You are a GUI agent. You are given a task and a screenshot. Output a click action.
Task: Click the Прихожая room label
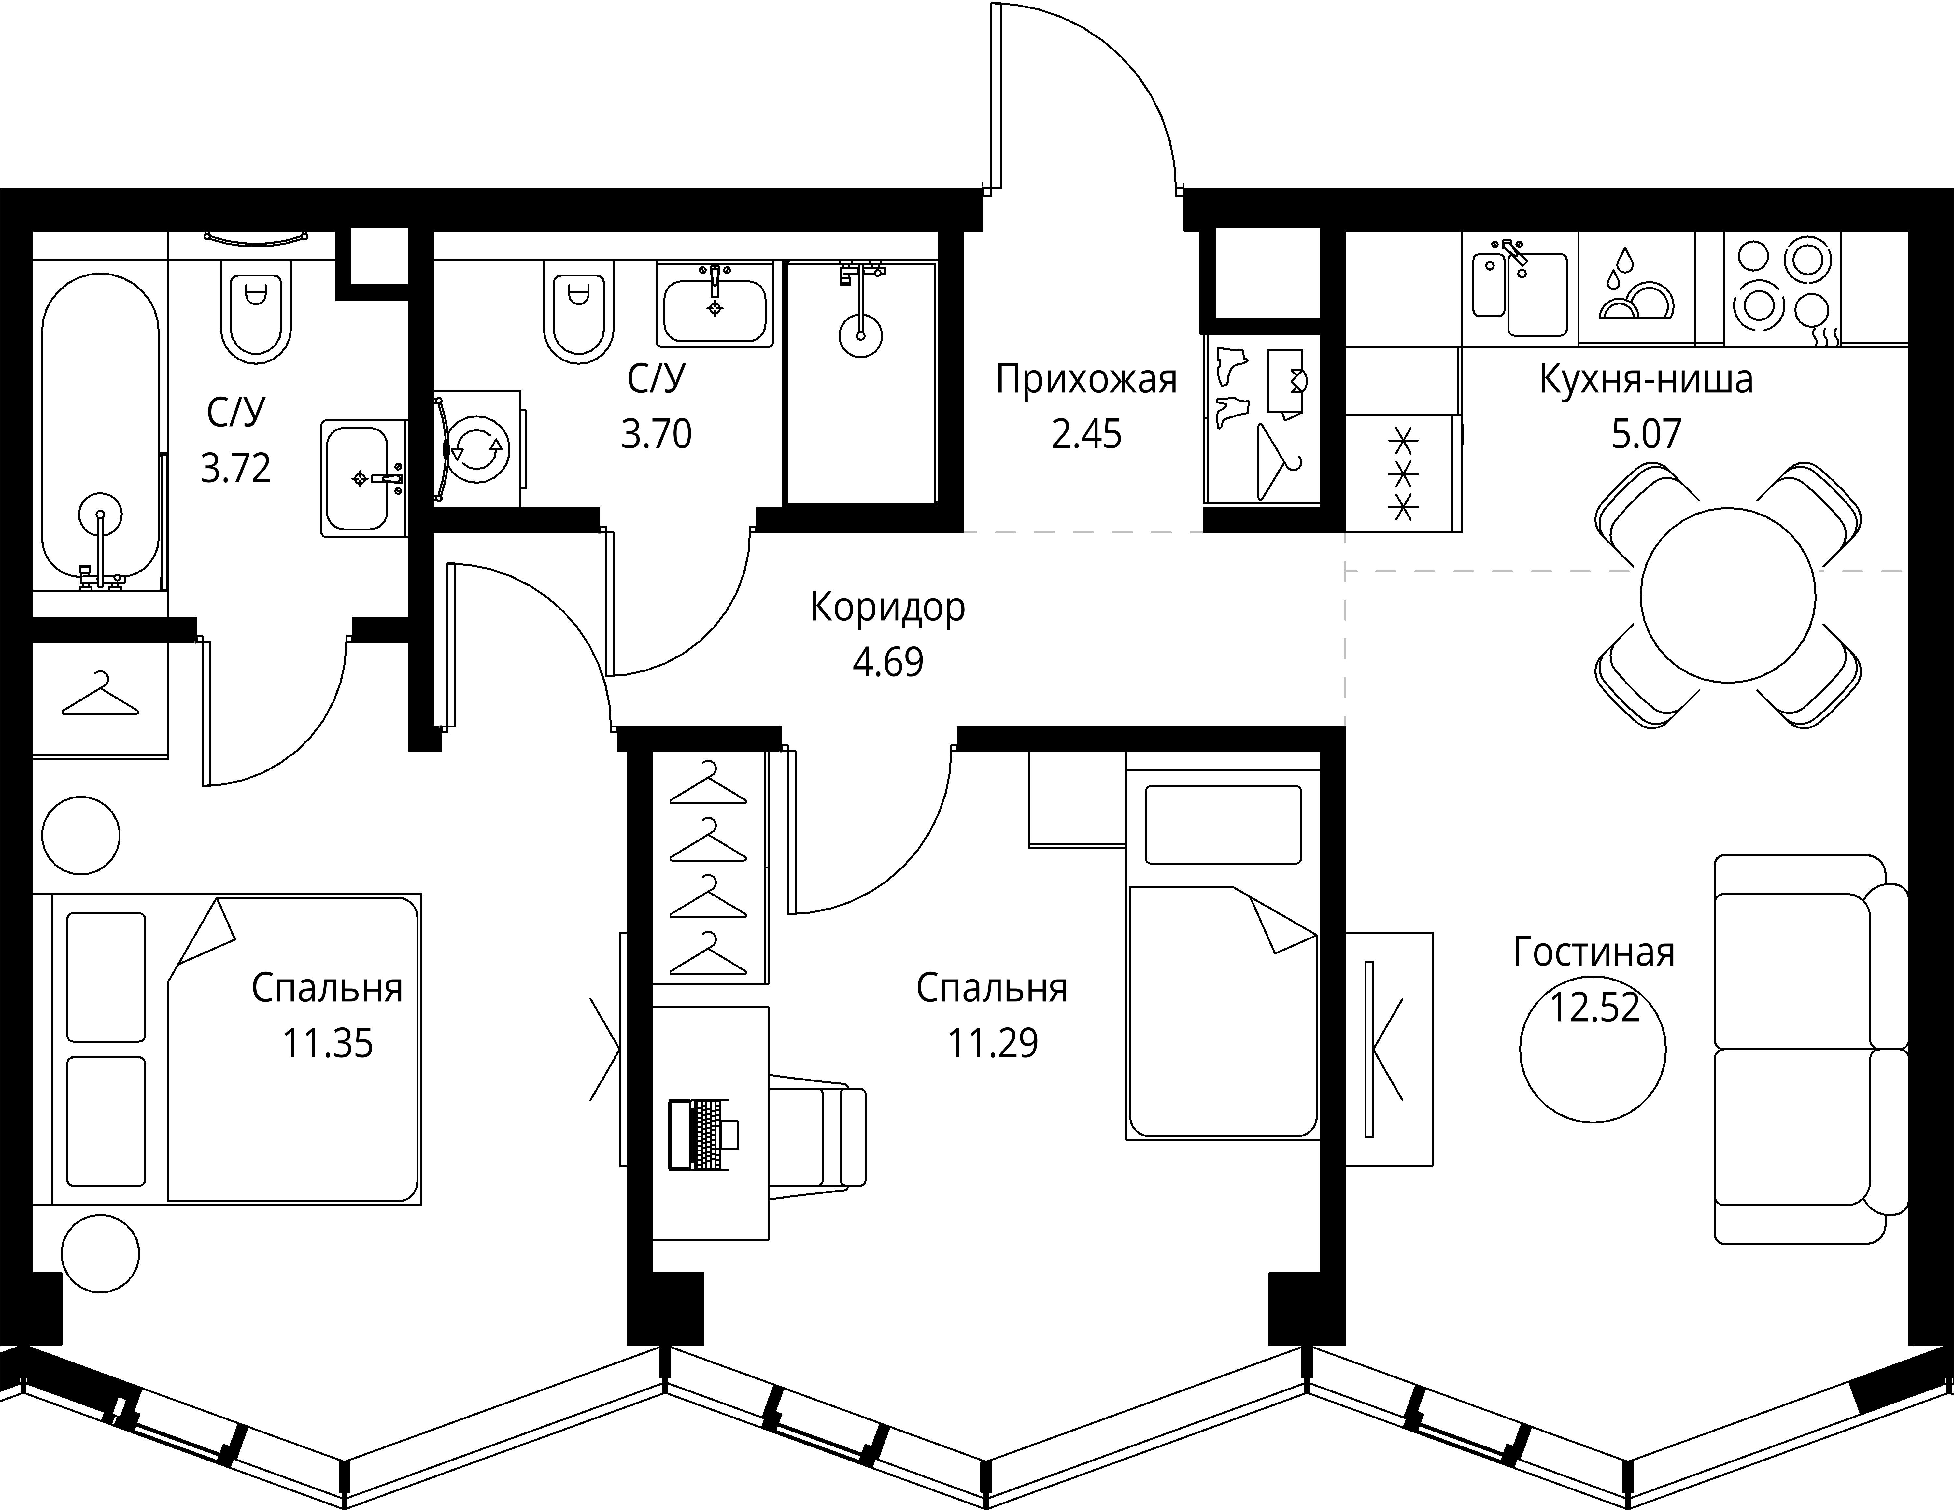[1086, 379]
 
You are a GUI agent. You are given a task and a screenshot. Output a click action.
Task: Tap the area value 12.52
[1594, 1007]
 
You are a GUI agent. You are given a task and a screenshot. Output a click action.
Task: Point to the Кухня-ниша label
[1646, 379]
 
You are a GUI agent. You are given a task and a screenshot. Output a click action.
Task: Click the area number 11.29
[993, 1043]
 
